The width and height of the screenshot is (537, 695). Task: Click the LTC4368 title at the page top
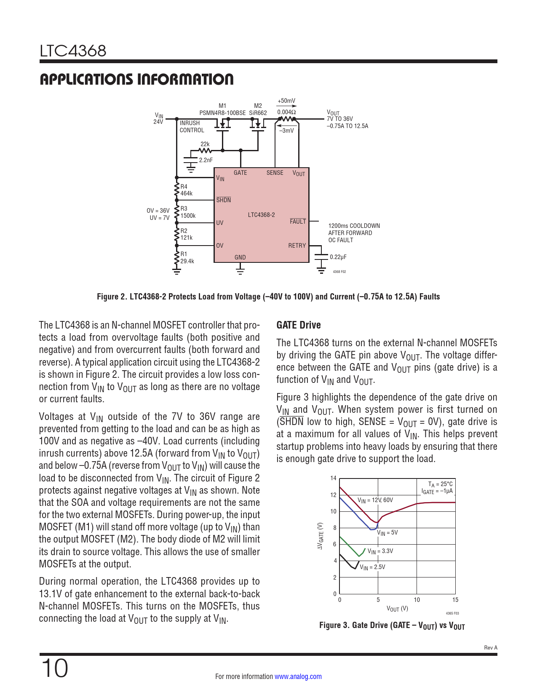[73, 51]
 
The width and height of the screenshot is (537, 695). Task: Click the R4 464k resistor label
[186, 190]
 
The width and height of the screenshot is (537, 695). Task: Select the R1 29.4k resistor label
[187, 258]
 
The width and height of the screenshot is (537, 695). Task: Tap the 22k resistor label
[205, 144]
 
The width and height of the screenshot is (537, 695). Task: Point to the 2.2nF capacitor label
[206, 160]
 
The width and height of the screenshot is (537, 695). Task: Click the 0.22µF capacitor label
[338, 257]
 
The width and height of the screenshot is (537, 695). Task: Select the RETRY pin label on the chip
[297, 246]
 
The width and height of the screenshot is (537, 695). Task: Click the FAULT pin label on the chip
[298, 222]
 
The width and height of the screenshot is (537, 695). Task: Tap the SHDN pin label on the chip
[223, 200]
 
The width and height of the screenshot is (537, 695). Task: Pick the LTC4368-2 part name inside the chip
[261, 215]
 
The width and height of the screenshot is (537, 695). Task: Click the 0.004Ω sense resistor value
[286, 112]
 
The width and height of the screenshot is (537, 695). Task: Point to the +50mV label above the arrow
[286, 101]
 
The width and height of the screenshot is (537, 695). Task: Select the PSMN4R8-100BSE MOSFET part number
[222, 113]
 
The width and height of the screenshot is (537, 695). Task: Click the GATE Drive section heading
[299, 325]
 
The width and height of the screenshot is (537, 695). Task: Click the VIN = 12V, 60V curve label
[375, 500]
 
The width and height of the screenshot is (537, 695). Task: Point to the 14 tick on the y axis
[334, 478]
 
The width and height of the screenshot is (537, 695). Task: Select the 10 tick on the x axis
[417, 600]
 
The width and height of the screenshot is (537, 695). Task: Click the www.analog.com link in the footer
[298, 676]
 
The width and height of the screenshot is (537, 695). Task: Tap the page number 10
[54, 668]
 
